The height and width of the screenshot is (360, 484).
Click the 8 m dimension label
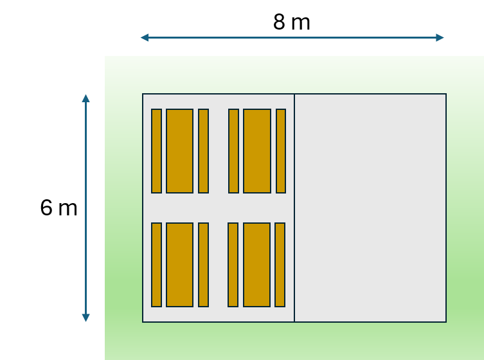point(292,22)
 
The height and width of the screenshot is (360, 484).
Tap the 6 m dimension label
point(58,208)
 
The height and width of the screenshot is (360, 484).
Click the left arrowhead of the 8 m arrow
point(145,38)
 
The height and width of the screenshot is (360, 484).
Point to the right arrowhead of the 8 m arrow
point(440,38)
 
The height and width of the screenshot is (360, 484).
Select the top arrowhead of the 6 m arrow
point(86,98)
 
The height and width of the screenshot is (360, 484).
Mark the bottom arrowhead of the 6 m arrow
point(86,318)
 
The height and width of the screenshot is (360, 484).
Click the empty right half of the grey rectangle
point(370,208)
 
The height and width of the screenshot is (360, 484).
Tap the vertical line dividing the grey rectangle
point(294,208)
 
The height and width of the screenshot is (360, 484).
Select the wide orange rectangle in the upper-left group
point(179,151)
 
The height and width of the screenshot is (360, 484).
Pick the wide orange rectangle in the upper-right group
point(257,151)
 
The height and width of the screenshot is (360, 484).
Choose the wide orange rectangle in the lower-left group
point(179,265)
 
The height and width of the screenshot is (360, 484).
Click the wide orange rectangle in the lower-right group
point(257,265)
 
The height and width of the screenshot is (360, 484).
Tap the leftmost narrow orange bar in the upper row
point(156,151)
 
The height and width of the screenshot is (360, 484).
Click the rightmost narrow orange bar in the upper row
point(281,151)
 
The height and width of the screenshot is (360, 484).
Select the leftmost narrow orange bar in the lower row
point(156,265)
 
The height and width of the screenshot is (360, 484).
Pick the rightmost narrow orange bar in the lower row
point(280,265)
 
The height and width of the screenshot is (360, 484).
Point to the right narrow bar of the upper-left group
point(203,151)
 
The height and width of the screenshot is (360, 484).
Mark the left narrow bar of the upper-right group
point(234,151)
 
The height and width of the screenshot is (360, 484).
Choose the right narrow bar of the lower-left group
point(203,265)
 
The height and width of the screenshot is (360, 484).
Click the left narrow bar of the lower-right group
point(233,265)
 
